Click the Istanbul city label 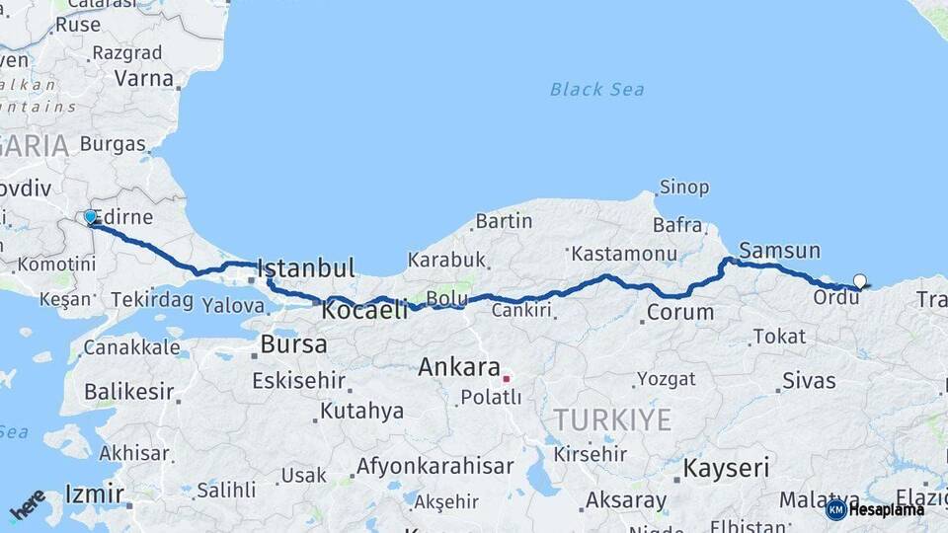(x=305, y=267)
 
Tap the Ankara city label (x=458, y=367)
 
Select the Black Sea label (x=596, y=90)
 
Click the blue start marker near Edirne (x=90, y=217)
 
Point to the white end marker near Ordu (x=859, y=281)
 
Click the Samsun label (x=779, y=250)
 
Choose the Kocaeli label (x=364, y=310)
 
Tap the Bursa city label (x=293, y=344)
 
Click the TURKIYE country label (x=612, y=419)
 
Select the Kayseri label (x=726, y=467)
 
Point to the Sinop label (x=683, y=187)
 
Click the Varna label (x=143, y=78)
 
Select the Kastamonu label (x=622, y=254)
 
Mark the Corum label (x=679, y=313)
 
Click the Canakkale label (x=131, y=347)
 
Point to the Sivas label (x=809, y=380)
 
